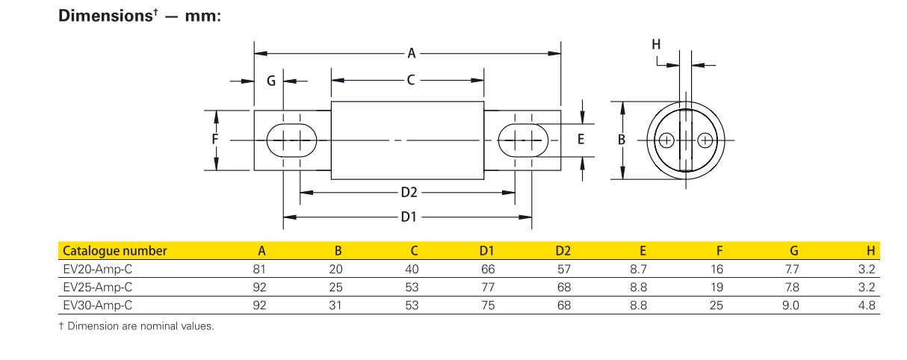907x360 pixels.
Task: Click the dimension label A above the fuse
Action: coord(411,53)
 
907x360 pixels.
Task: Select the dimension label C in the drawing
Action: coord(411,80)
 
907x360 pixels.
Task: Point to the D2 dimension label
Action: coord(408,192)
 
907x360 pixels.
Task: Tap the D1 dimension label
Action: coord(408,217)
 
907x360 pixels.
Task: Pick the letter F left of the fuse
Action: coord(214,140)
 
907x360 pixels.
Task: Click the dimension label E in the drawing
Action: coord(581,140)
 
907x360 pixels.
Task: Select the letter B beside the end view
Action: coord(621,140)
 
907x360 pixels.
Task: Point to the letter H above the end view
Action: coord(656,45)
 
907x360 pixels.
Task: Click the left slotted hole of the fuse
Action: coord(291,140)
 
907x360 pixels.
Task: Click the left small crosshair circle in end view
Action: coord(667,140)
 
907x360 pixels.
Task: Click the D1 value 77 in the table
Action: coord(489,287)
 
